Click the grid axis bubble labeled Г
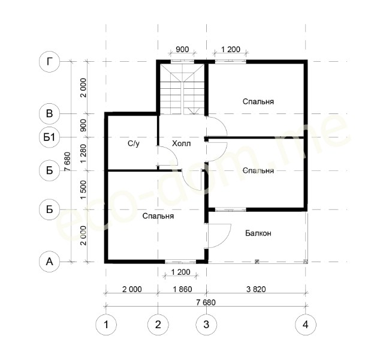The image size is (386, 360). [50, 62]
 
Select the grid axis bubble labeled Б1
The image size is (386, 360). [50, 137]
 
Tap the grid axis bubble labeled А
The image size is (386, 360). [50, 262]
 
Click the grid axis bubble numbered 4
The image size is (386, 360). [306, 325]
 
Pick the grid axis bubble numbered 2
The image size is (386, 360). [158, 325]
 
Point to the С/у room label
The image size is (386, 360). [134, 143]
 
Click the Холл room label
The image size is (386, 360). [181, 143]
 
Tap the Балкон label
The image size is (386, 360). [258, 233]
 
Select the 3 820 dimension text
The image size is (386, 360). [256, 289]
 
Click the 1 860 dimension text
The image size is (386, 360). [182, 289]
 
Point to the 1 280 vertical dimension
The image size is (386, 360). [83, 153]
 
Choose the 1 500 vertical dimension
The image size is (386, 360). [83, 190]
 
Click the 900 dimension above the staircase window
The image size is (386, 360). [182, 49]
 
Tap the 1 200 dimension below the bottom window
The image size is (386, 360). [180, 272]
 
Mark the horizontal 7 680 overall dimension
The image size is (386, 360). [206, 302]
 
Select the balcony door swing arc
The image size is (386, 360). [225, 236]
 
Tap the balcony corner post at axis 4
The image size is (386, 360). [306, 262]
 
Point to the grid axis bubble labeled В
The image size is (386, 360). [50, 113]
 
